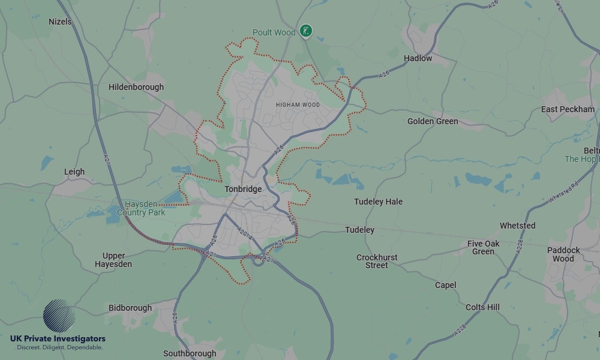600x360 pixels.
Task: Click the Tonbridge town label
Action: click(x=243, y=189)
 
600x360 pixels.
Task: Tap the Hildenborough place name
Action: click(x=136, y=87)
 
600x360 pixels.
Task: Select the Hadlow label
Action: click(x=418, y=58)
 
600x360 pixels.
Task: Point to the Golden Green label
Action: click(x=433, y=121)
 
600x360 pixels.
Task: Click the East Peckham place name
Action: click(x=568, y=109)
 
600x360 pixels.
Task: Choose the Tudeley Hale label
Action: click(x=378, y=202)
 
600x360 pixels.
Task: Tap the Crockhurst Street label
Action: click(x=377, y=261)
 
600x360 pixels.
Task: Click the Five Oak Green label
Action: click(x=483, y=247)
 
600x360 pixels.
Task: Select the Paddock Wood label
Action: click(x=563, y=254)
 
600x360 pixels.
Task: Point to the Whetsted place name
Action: click(x=517, y=226)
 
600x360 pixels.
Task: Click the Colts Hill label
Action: click(x=482, y=307)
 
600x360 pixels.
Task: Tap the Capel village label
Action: click(x=445, y=285)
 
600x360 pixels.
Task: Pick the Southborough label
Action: click(x=190, y=353)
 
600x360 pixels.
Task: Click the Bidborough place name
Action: click(x=130, y=308)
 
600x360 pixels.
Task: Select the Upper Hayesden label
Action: click(x=113, y=260)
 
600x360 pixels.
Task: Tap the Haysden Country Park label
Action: click(x=141, y=208)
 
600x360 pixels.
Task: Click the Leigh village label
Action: click(x=74, y=172)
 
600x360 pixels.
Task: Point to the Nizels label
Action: click(x=60, y=22)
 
